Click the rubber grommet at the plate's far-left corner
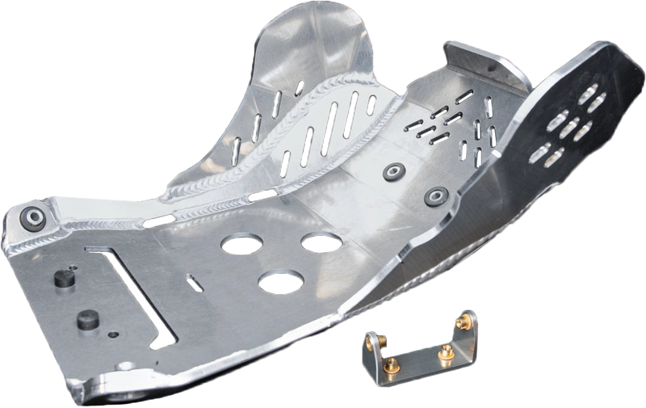[33, 217]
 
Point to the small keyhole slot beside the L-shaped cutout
[192, 282]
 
